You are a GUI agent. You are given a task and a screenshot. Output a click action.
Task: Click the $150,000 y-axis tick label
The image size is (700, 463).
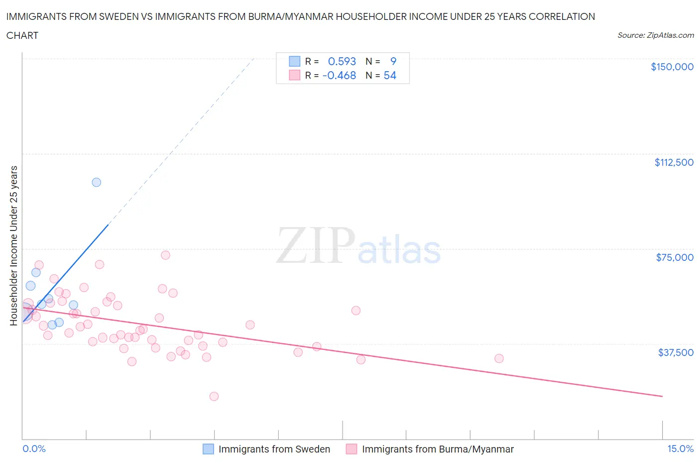[x=672, y=67]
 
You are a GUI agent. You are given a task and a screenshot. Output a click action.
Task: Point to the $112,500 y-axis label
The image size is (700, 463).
[x=674, y=162]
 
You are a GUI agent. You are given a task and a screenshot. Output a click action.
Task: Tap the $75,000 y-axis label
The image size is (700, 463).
[x=674, y=257]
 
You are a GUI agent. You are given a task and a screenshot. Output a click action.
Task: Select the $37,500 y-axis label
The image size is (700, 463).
[x=675, y=352]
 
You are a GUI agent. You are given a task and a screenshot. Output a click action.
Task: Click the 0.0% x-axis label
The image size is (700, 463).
[x=34, y=449]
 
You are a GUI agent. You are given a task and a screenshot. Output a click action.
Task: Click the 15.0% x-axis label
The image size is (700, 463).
[x=680, y=449]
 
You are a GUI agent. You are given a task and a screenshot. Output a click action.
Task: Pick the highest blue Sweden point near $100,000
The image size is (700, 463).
[x=97, y=182]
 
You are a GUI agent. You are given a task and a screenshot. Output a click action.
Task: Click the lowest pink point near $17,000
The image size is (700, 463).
[x=214, y=396]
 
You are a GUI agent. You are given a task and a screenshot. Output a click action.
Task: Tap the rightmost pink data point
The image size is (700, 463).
[x=499, y=358]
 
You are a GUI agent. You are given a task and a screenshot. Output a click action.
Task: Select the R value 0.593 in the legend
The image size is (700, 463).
[x=342, y=61]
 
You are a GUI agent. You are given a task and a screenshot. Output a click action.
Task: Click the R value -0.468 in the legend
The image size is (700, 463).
[x=339, y=75]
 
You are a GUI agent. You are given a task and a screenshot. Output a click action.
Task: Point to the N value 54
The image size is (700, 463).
[x=390, y=75]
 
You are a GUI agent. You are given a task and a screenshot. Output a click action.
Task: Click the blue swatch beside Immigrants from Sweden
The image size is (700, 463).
[x=208, y=449]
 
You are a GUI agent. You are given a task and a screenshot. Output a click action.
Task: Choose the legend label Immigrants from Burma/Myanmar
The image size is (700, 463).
[x=438, y=449]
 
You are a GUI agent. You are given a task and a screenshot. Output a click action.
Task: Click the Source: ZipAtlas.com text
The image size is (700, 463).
[x=655, y=35]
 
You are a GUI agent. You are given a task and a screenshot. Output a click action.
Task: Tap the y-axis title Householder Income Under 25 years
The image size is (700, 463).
[x=14, y=245]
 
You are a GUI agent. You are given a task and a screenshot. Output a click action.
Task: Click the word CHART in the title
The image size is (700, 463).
[x=22, y=35]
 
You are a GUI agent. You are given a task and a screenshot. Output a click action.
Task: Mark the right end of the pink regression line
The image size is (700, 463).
[x=662, y=396]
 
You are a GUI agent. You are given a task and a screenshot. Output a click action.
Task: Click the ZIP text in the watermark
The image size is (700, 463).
[x=315, y=245]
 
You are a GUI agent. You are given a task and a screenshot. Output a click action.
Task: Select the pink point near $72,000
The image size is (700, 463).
[x=165, y=255]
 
